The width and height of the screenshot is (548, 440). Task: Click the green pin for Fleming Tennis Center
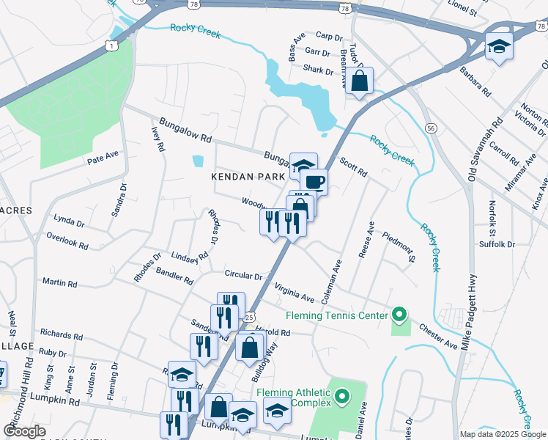click(399, 315)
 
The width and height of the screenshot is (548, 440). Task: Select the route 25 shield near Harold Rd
click(249, 317)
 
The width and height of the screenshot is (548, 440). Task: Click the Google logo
click(25, 431)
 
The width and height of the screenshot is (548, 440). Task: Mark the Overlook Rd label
click(67, 238)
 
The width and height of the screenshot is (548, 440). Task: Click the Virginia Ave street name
click(294, 294)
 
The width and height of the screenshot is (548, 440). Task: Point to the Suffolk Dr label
click(497, 243)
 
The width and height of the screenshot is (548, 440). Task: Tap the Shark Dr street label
click(318, 71)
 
